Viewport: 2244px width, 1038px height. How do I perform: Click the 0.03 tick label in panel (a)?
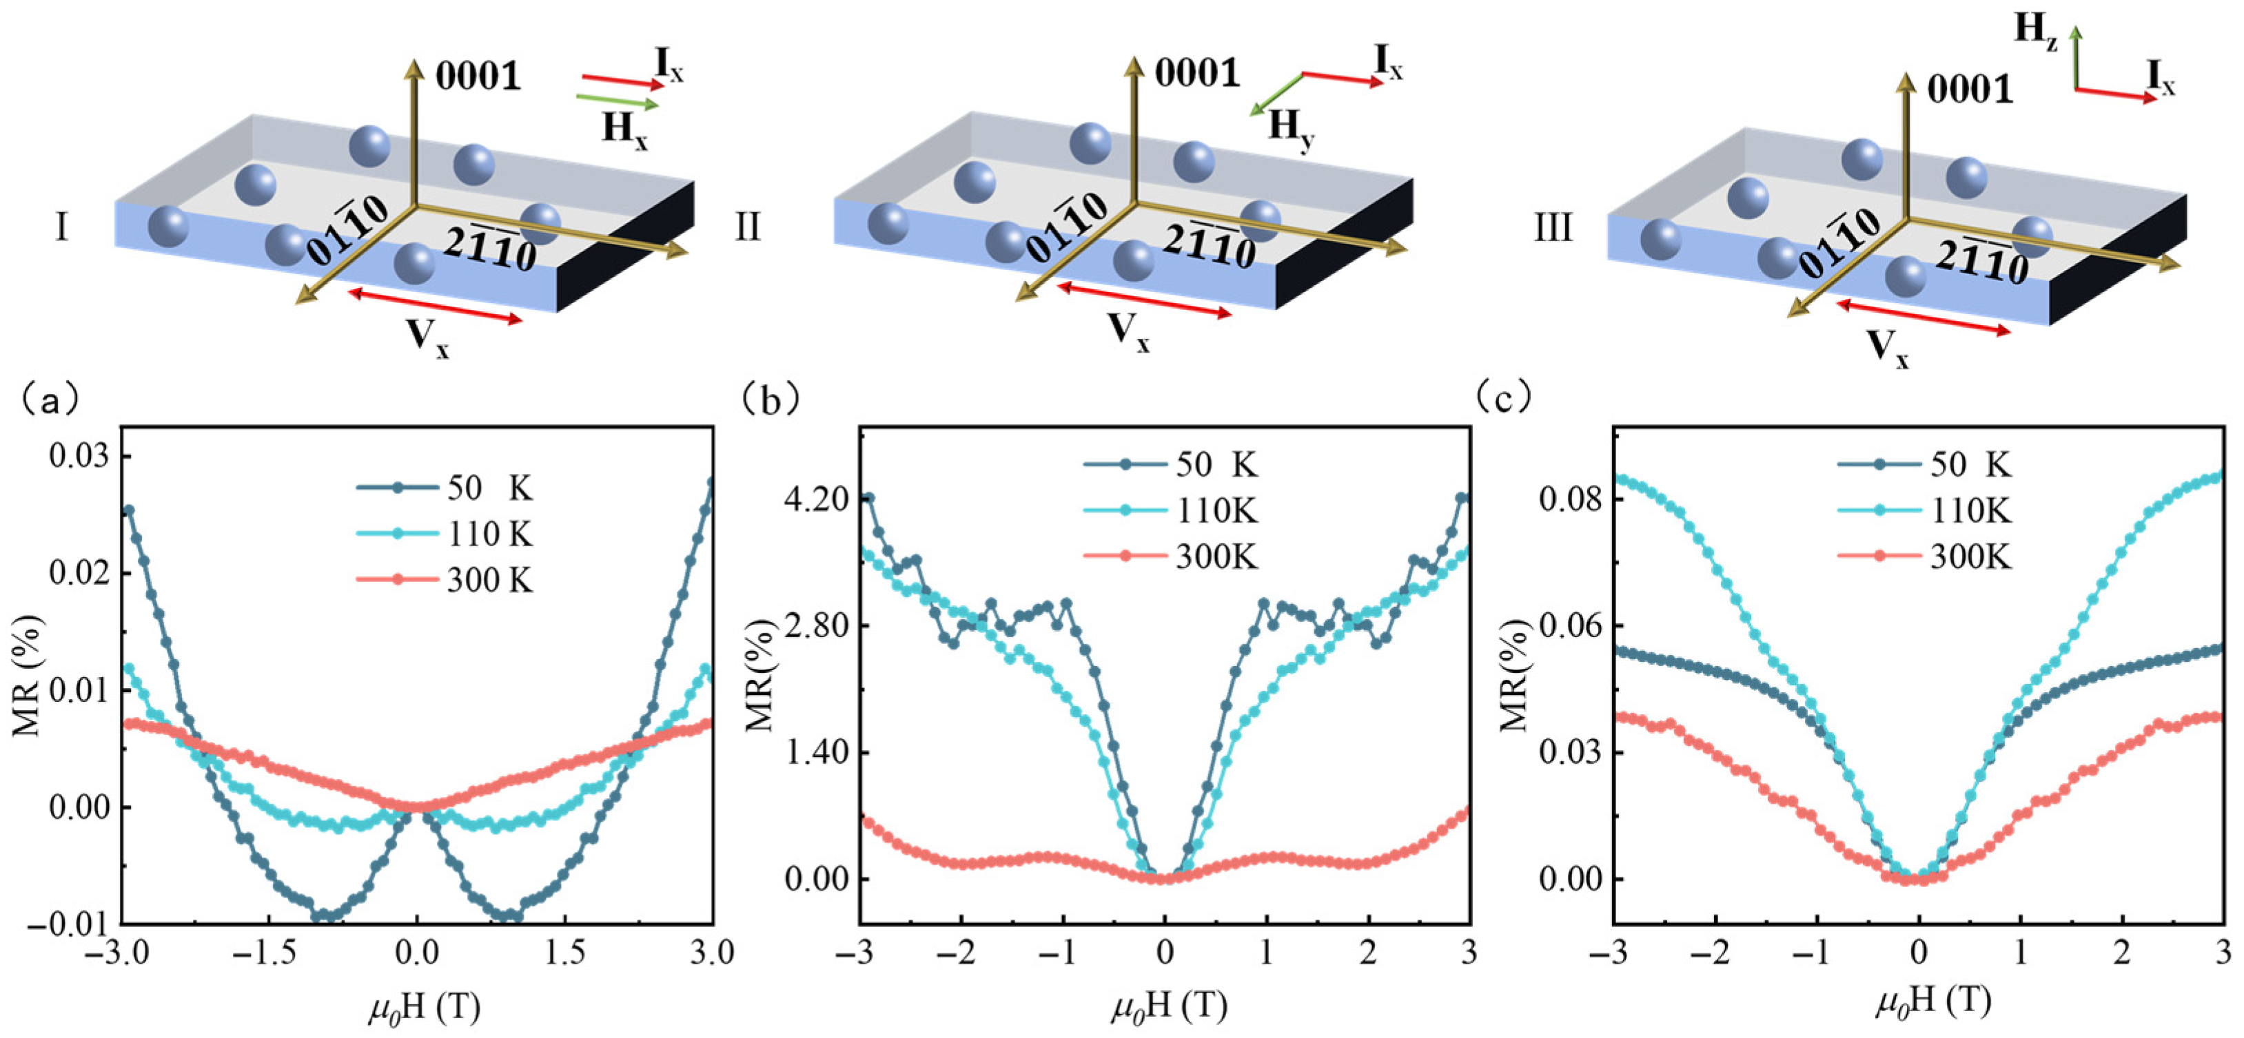click(77, 456)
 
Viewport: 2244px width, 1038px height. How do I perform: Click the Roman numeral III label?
click(1551, 228)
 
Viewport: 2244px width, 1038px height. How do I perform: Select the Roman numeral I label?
click(61, 227)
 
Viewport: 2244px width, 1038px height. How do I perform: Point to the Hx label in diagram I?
click(624, 131)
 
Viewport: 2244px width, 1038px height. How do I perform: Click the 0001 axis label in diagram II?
click(1197, 73)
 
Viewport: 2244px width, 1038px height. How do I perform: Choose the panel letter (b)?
click(768, 399)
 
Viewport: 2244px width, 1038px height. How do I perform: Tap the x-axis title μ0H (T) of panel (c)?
click(1932, 1003)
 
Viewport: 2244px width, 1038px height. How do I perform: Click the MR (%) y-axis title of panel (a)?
click(28, 675)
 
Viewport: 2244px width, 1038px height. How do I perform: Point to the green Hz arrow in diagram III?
click(2077, 56)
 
